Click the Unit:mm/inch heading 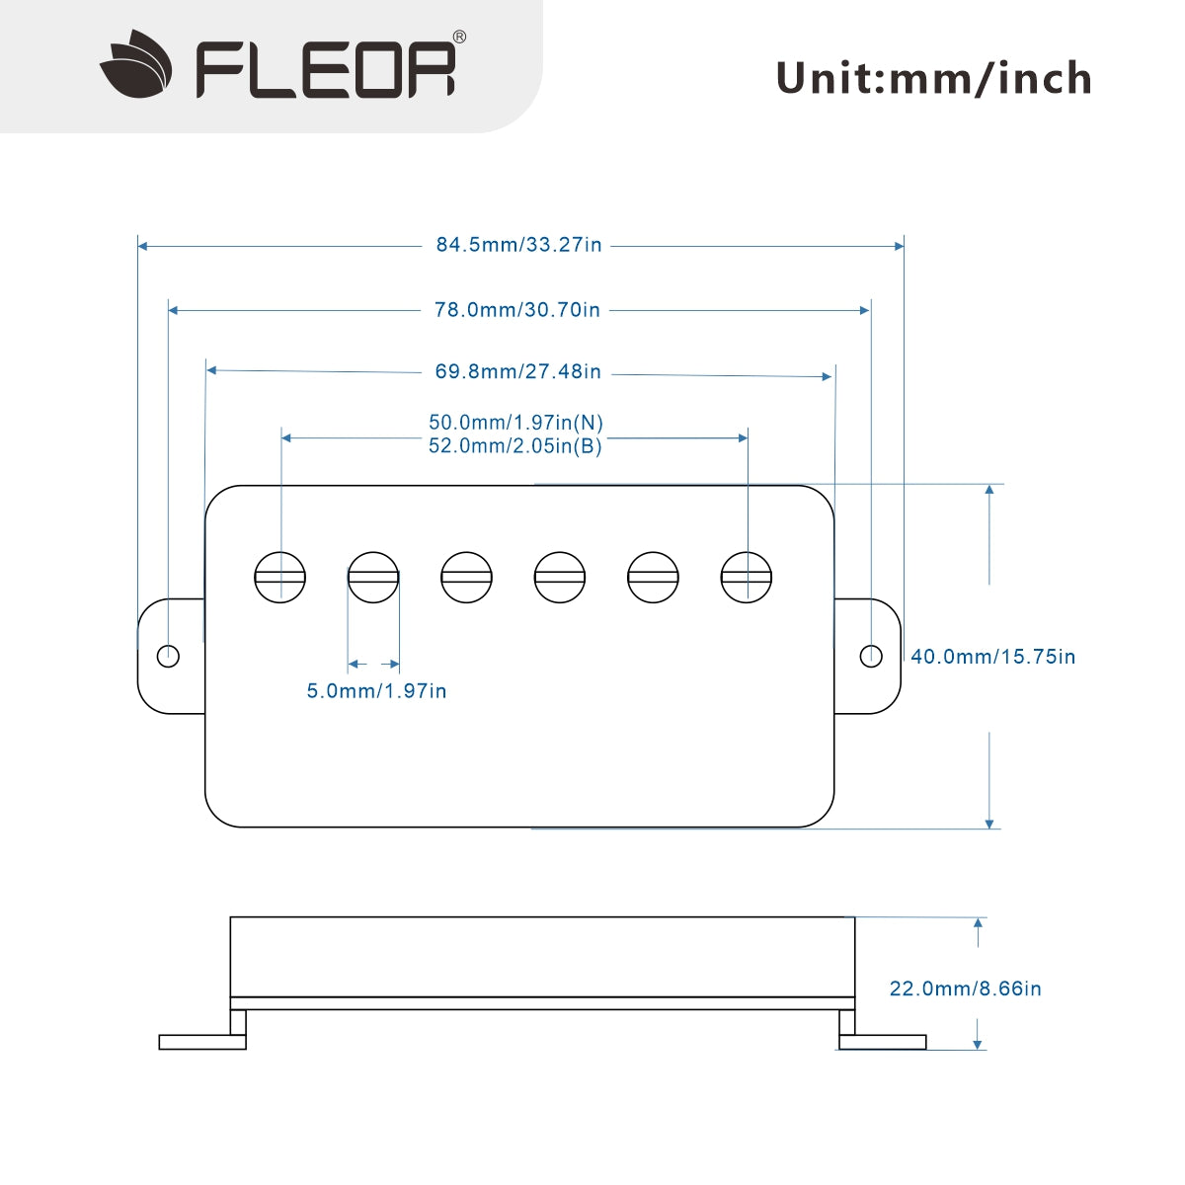pos(933,78)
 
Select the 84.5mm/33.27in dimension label pos(518,244)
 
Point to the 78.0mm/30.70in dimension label pos(516,309)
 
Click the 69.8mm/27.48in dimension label pos(517,372)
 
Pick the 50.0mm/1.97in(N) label pos(515,422)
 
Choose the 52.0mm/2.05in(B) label pos(515,445)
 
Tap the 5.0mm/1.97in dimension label pos(376,690)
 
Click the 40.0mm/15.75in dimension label pos(992,656)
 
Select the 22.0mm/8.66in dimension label pos(965,987)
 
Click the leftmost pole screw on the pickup pos(280,577)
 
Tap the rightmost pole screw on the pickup pos(747,577)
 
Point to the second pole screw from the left pos(373,577)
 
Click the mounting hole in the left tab pos(169,655)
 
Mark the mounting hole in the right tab pos(870,656)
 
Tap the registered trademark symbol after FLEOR pos(459,37)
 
